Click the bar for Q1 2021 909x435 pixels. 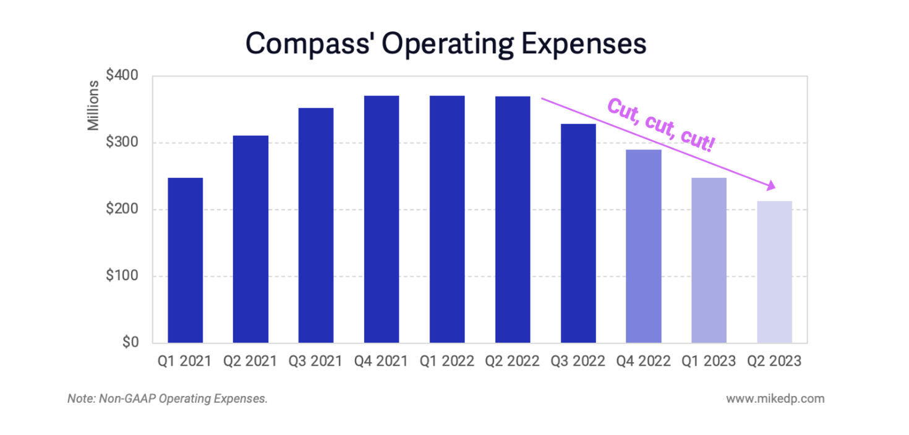185,260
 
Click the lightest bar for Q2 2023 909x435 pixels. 774,272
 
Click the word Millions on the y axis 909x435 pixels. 93,105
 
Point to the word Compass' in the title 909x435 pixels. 309,44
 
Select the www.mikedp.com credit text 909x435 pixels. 775,399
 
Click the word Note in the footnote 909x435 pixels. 79,399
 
